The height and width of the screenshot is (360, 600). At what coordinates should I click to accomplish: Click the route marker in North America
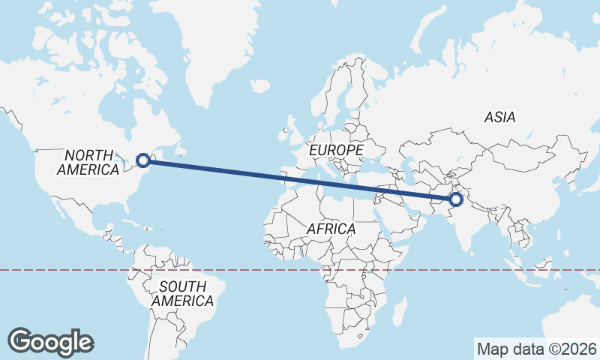click(x=142, y=160)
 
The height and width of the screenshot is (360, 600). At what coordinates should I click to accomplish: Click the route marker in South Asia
click(x=455, y=199)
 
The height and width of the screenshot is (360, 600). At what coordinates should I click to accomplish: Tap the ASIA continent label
click(x=499, y=117)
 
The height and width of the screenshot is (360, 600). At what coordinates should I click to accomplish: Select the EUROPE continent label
click(x=336, y=151)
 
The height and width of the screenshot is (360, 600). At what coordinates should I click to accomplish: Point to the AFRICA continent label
click(x=331, y=229)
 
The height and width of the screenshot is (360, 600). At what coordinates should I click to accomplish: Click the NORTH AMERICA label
click(x=88, y=163)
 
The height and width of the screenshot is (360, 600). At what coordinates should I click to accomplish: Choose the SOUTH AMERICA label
click(x=182, y=293)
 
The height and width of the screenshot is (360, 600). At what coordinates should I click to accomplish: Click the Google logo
click(x=50, y=342)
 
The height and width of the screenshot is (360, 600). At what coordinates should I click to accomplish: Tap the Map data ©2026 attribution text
click(x=537, y=349)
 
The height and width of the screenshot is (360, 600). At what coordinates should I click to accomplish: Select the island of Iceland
click(x=260, y=87)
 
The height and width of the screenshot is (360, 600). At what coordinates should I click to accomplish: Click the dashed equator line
click(x=75, y=270)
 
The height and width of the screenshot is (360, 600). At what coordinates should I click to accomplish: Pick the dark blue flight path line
click(x=300, y=179)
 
